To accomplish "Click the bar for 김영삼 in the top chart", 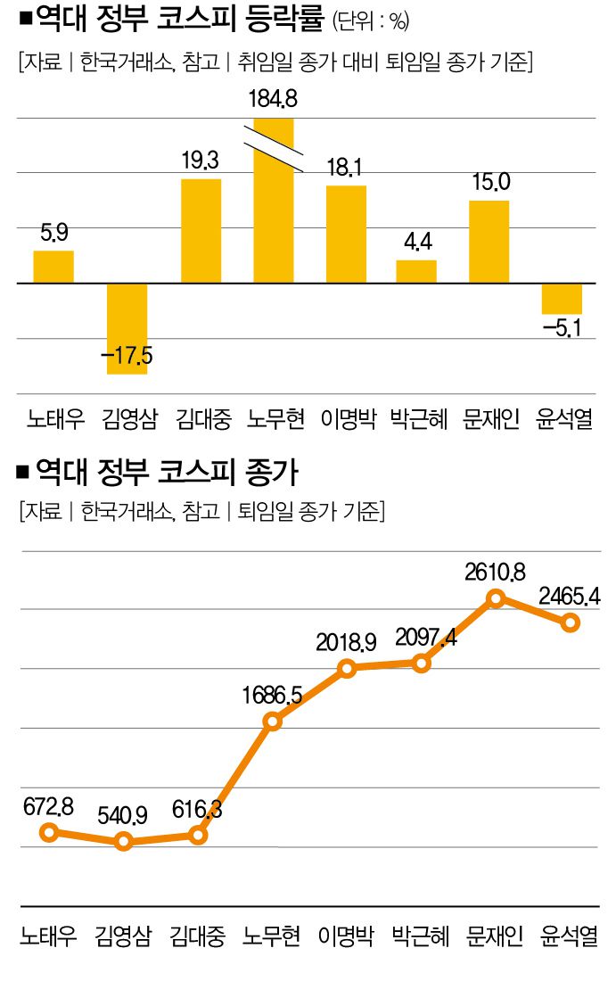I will [x=127, y=328].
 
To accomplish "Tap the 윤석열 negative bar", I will [x=562, y=298].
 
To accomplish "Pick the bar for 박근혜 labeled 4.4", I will [x=416, y=272].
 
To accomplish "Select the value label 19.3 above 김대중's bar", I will [x=201, y=161].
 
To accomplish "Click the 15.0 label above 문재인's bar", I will [x=489, y=183].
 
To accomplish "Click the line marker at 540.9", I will [x=125, y=841].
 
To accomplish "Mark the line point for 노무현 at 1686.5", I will [x=274, y=721].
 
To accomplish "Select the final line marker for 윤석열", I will [x=571, y=622].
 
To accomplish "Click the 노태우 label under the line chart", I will [x=49, y=937].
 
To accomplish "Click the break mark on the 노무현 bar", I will [x=274, y=150].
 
